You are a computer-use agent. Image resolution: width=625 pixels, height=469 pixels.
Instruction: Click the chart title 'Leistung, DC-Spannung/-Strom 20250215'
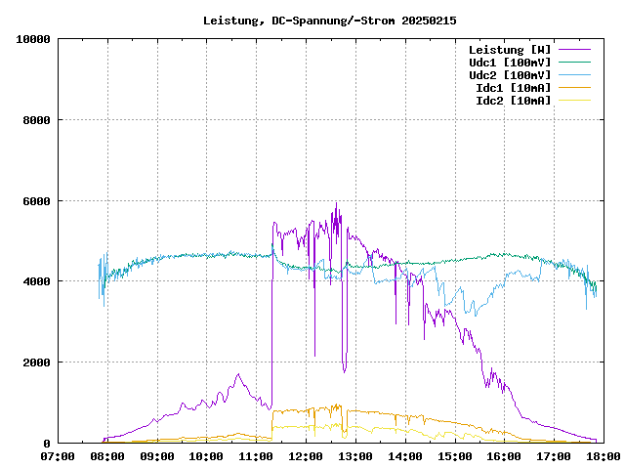(x=329, y=21)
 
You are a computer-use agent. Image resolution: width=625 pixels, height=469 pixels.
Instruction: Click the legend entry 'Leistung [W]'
(x=510, y=50)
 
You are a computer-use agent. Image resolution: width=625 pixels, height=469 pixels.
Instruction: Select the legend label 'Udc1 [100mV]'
(x=510, y=63)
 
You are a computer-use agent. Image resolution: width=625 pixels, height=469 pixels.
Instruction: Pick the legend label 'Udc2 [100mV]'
(x=510, y=75)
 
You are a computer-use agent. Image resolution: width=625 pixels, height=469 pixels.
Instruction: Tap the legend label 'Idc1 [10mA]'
(x=514, y=88)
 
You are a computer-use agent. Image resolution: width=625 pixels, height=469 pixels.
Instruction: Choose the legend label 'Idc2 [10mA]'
(x=514, y=101)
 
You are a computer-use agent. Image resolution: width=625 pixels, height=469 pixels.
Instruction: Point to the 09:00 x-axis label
(x=157, y=456)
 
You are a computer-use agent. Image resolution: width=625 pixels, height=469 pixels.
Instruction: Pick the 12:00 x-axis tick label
(x=306, y=456)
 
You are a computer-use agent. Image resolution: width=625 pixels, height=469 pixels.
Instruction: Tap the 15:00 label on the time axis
(x=454, y=456)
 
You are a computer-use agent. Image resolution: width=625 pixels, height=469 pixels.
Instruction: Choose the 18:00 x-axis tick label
(x=603, y=456)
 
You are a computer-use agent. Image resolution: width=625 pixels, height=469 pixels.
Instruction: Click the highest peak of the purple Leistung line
(x=336, y=203)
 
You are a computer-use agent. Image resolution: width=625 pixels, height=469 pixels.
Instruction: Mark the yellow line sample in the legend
(x=574, y=101)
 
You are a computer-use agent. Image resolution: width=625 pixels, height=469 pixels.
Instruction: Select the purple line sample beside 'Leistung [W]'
(x=574, y=50)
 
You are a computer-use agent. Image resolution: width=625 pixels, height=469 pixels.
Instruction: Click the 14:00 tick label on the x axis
(x=404, y=456)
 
